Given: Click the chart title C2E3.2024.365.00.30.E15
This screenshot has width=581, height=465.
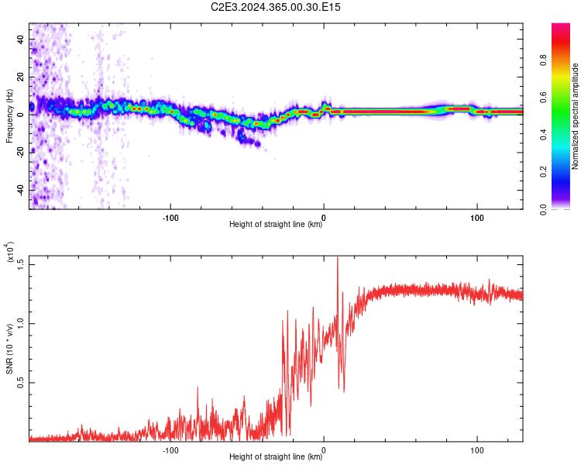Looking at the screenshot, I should (x=276, y=7).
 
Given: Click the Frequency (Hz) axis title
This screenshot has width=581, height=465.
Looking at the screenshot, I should (x=10, y=116).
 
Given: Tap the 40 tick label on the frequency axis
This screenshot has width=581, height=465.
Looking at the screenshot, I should (x=22, y=39).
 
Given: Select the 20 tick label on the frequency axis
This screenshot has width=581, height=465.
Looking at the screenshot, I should (x=22, y=77).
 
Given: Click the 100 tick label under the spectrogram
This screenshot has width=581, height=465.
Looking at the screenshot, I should (x=477, y=216).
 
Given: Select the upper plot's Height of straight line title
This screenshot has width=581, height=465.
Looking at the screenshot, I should (x=276, y=225).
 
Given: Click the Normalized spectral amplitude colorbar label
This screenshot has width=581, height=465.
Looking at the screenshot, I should (x=575, y=116).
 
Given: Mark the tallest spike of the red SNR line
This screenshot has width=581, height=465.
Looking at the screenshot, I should (x=337, y=258).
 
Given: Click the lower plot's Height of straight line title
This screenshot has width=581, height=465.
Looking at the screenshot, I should (x=276, y=457).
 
